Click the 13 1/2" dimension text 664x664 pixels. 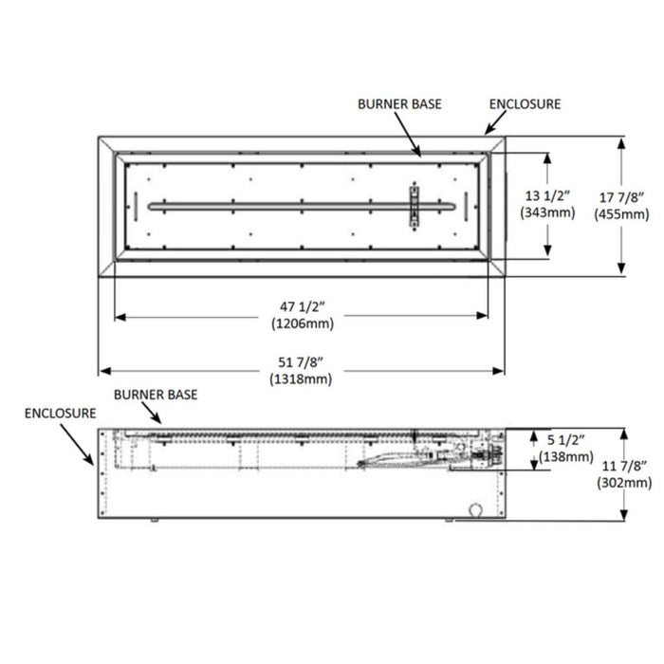pos(547,196)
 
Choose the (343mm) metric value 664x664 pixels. pos(547,212)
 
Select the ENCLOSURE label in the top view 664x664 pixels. pos(525,103)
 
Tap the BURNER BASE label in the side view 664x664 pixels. pos(155,393)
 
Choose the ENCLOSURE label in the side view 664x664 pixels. pos(61,413)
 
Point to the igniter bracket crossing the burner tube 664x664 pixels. pos(414,205)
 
